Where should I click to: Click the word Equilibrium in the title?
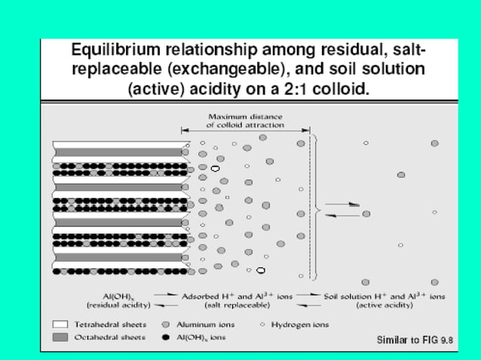[108, 51]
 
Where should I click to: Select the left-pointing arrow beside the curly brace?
[343, 215]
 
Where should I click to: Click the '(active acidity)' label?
[383, 305]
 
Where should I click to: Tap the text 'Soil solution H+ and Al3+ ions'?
[384, 296]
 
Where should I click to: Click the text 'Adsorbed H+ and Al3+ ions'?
[237, 296]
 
